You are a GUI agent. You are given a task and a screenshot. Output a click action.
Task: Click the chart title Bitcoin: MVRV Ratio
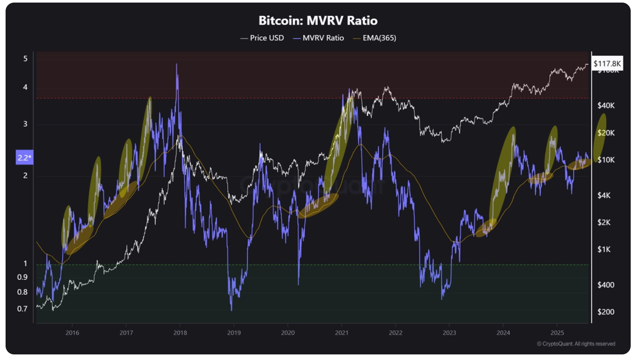[318, 21]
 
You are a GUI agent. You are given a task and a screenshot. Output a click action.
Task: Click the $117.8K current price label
[607, 64]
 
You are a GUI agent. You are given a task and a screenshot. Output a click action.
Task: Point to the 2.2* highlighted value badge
[24, 158]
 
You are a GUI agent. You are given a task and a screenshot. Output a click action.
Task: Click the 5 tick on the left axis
[25, 58]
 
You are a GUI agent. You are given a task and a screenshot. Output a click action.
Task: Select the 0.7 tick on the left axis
[22, 308]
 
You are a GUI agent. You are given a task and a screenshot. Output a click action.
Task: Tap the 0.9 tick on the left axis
[22, 277]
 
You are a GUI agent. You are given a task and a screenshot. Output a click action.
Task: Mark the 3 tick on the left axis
[25, 124]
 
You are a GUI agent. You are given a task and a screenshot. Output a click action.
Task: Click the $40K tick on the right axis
[606, 106]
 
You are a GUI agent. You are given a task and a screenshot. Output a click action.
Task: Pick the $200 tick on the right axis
[606, 312]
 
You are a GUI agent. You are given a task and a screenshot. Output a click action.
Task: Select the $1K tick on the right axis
[604, 250]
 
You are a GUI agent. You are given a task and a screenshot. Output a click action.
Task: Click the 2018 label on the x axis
[180, 333]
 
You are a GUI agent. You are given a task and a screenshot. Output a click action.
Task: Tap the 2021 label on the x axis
[342, 333]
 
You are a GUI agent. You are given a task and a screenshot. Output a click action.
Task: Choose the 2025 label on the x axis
[557, 333]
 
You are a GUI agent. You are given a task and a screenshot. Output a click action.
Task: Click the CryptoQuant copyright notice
[576, 344]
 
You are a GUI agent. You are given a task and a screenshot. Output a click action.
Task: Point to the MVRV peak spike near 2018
[176, 64]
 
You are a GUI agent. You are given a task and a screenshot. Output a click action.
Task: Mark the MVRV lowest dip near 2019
[231, 309]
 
